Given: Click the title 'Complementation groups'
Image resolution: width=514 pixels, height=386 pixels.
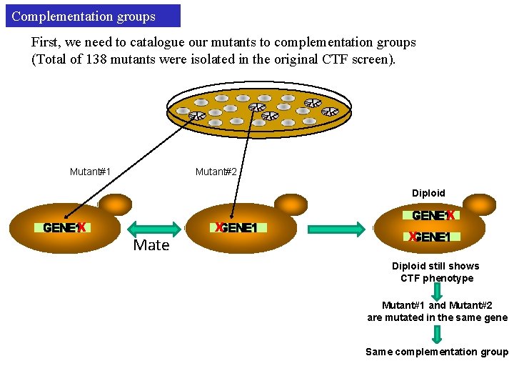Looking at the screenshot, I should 84,16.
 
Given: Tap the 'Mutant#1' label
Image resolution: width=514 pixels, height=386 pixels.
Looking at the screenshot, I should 90,172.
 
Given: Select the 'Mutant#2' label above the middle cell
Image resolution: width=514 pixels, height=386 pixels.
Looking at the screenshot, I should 216,172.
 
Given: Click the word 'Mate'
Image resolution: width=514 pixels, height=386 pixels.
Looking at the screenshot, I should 151,245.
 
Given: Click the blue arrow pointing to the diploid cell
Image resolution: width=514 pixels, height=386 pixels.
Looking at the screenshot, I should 338,228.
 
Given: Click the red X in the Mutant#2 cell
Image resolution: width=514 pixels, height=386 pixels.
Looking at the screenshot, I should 220,228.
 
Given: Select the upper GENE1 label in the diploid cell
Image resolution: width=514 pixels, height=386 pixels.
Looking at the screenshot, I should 429,215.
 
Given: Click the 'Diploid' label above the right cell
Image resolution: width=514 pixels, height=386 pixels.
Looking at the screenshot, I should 428,193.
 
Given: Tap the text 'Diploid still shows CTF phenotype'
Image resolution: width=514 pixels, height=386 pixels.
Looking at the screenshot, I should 435,272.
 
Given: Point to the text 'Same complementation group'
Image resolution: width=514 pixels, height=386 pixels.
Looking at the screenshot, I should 436,352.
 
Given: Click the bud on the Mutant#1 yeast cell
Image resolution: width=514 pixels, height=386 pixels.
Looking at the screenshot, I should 114,204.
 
